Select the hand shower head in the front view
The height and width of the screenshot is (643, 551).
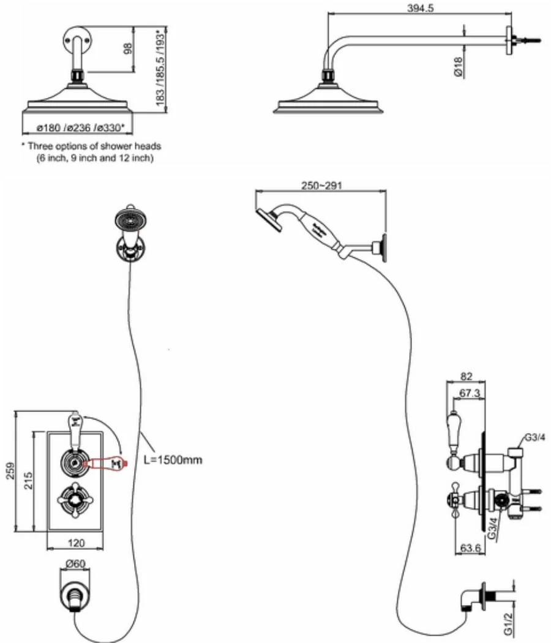pyautogui.click(x=129, y=218)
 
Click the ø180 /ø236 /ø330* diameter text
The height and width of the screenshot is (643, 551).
pyautogui.click(x=80, y=128)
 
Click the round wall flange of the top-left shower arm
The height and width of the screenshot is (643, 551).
pyautogui.click(x=77, y=40)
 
